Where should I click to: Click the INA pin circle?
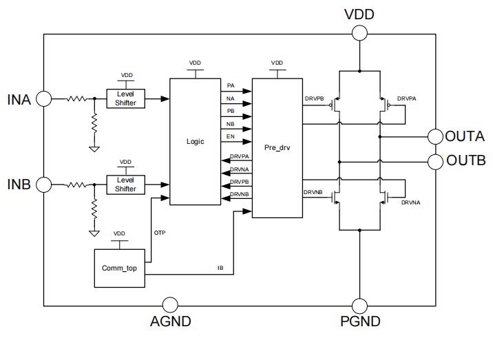pos(43,98)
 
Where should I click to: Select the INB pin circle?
pos(43,184)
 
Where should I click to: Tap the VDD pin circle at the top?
pos(359,33)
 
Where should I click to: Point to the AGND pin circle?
pos(169,305)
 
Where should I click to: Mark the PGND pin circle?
pos(359,305)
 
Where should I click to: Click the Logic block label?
pos(196,141)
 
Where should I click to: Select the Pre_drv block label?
pos(277,147)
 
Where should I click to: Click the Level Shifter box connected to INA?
pos(125,98)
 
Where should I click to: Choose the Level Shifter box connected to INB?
pos(125,184)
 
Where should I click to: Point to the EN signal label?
pos(231,137)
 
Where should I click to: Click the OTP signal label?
pos(159,233)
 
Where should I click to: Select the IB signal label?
pos(220,266)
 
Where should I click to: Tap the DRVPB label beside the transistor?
pos(314,98)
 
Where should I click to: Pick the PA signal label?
pos(231,85)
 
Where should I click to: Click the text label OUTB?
pos(466,161)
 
